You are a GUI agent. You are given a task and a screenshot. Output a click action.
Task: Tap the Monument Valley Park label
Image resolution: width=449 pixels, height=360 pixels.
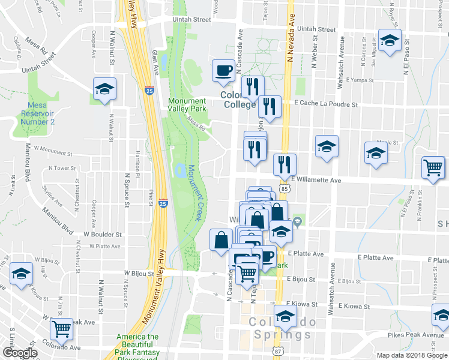click(x=187, y=104)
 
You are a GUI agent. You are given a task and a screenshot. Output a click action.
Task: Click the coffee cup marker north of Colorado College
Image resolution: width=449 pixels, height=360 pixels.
click(x=223, y=71)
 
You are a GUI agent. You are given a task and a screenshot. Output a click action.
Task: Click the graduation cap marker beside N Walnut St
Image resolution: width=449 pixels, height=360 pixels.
click(x=105, y=90)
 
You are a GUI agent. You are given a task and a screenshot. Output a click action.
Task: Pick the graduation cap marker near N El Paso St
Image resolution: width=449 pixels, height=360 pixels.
click(x=390, y=41)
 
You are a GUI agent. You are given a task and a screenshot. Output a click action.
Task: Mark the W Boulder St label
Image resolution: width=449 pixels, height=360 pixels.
click(x=103, y=235)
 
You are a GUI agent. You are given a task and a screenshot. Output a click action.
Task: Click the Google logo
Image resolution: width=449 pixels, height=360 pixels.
click(x=20, y=353)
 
